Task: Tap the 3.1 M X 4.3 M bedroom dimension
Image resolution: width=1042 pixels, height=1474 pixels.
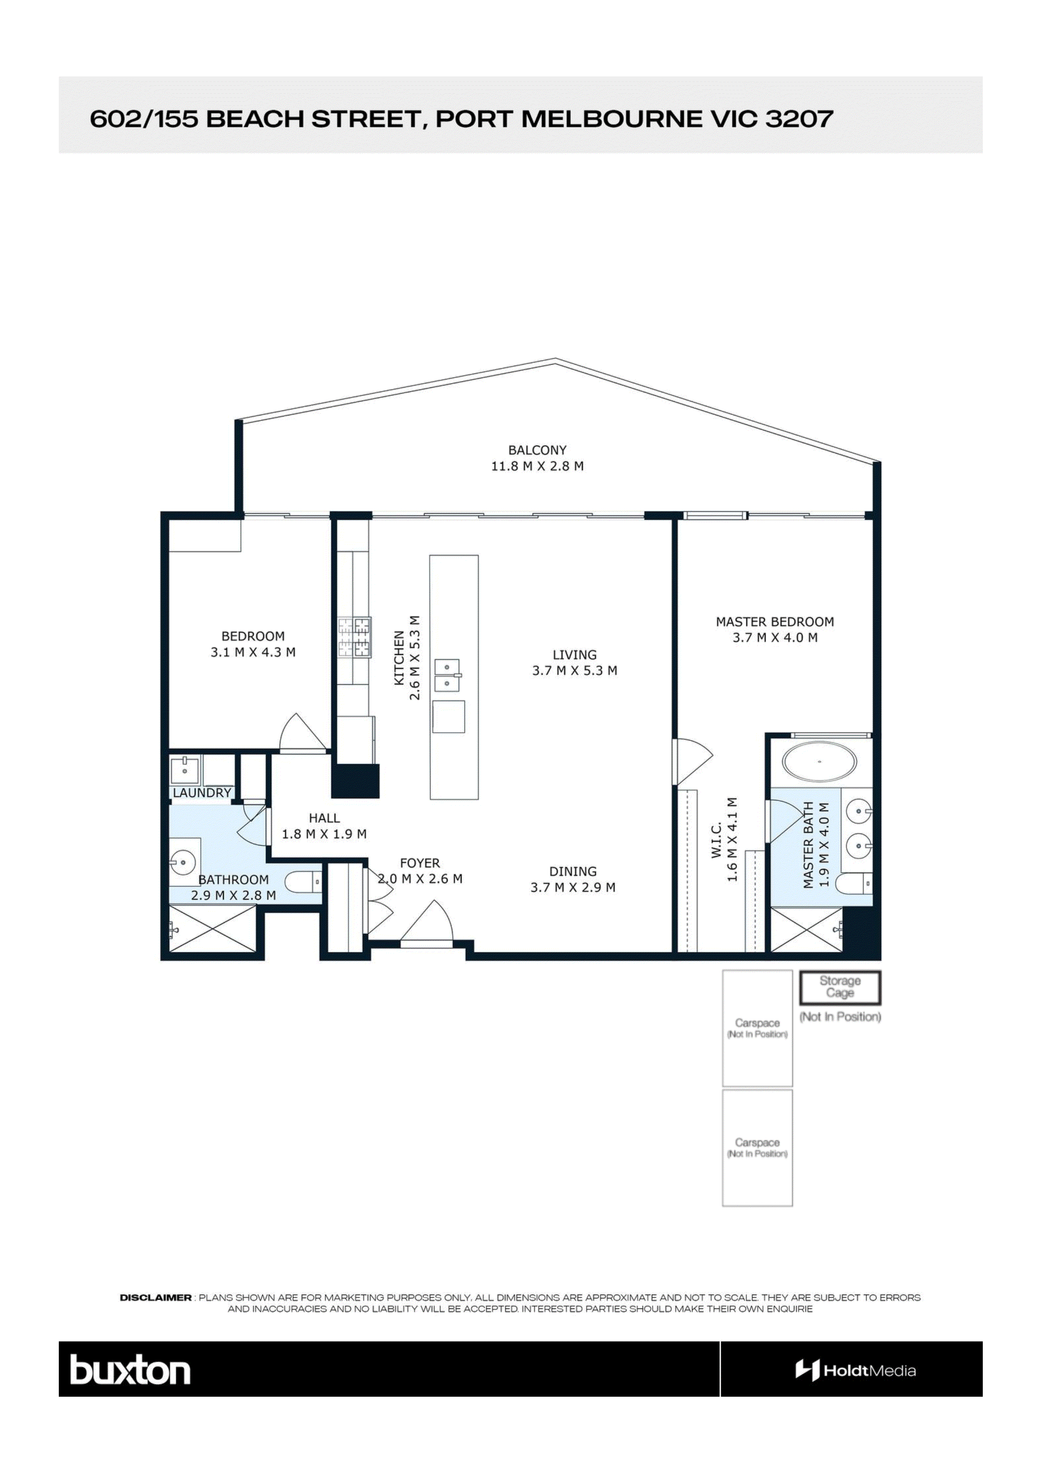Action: pos(253,652)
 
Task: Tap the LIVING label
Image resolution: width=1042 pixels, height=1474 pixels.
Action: pos(575,655)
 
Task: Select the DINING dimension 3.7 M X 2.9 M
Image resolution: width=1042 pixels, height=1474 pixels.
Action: pos(573,888)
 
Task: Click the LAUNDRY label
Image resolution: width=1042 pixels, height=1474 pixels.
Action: pos(202,793)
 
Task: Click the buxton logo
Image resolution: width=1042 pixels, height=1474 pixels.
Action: pos(130,1372)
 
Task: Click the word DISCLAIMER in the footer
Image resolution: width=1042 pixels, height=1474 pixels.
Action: pos(155,1298)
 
